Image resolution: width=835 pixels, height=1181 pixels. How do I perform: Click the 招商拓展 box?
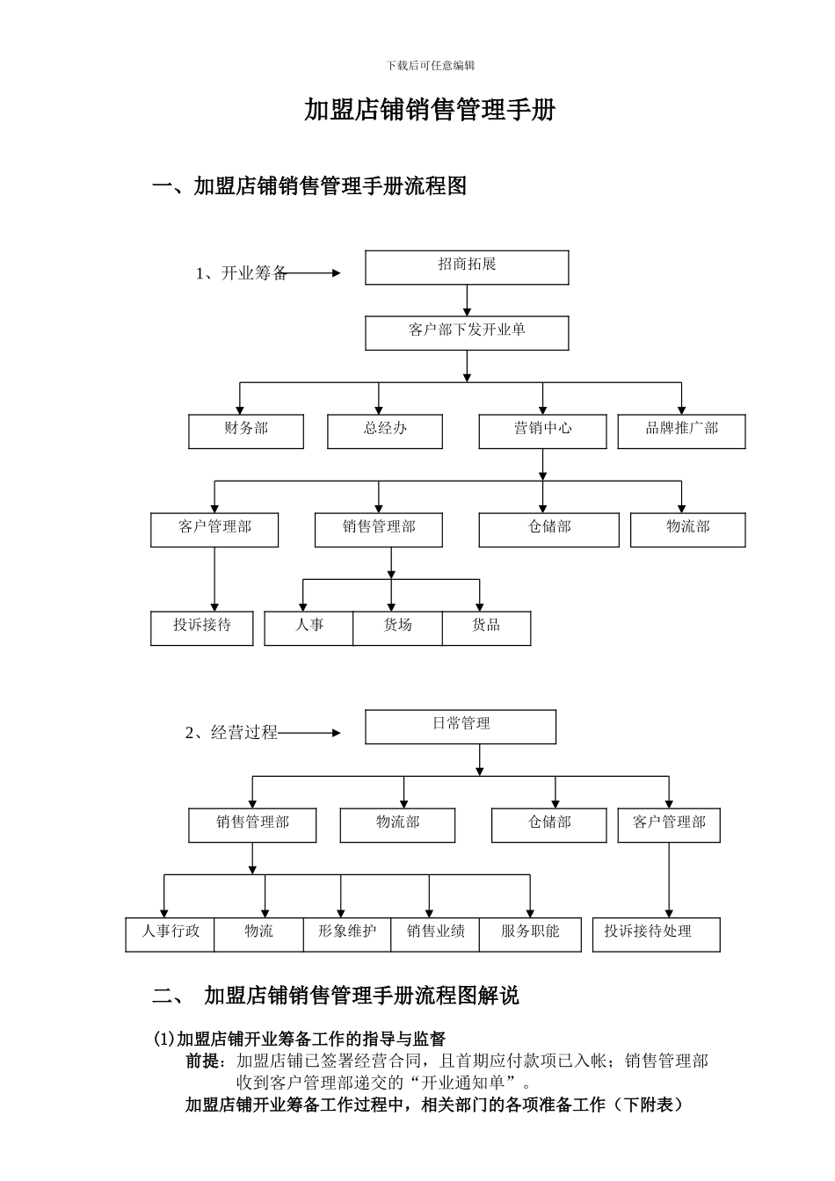tap(467, 267)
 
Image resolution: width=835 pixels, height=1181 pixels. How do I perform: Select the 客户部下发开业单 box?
tap(467, 333)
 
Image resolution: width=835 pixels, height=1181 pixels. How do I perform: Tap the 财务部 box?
tap(246, 431)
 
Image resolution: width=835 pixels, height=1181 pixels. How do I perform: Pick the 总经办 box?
tap(385, 431)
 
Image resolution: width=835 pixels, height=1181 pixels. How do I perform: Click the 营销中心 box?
tap(542, 431)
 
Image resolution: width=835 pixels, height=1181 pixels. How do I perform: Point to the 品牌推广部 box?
tap(681, 431)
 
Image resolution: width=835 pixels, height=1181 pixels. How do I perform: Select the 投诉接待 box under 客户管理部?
tap(202, 627)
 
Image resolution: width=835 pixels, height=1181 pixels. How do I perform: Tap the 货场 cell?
tap(397, 627)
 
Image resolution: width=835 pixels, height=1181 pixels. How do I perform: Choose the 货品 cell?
tap(486, 627)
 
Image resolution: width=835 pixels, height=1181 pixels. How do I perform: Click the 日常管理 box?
tap(461, 727)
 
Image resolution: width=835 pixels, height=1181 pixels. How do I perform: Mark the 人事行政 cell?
tap(171, 934)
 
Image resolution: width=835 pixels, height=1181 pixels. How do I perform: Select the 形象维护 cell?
tap(347, 934)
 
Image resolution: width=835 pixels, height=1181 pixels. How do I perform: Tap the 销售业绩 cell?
tap(435, 934)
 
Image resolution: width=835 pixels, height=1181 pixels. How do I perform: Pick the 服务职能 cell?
tap(530, 934)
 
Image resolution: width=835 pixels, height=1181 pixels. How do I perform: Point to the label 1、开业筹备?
tap(241, 273)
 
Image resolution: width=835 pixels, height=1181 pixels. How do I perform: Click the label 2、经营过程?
tap(231, 733)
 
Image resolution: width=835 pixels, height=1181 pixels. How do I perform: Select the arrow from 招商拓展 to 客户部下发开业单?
tap(467, 301)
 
